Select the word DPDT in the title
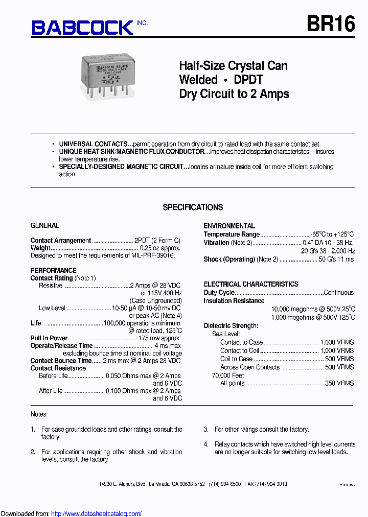248,80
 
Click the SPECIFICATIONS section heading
193,207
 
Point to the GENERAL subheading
45,225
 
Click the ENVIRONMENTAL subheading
229,226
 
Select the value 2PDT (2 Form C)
157,240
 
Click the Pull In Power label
49,338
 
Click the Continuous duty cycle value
338,293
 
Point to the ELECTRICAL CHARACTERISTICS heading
251,284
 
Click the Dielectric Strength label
231,325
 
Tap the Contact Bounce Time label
61,361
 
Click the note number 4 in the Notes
206,444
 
